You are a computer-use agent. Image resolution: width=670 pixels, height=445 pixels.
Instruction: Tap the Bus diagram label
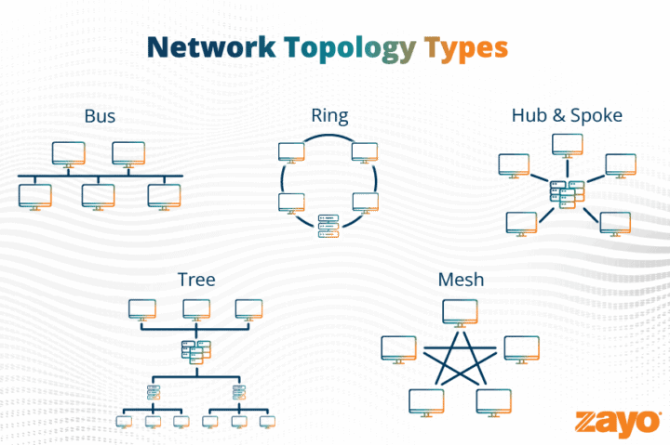(x=100, y=117)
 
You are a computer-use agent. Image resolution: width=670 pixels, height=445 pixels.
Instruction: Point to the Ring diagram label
(x=329, y=116)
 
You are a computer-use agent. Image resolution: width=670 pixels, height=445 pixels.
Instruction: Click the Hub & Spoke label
(x=567, y=116)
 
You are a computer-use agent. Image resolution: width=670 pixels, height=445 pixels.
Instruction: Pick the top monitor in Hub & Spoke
(x=567, y=145)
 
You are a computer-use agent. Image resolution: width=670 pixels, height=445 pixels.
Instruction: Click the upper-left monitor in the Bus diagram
(x=68, y=153)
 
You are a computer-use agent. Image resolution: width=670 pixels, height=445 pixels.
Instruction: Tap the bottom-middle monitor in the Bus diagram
(x=98, y=195)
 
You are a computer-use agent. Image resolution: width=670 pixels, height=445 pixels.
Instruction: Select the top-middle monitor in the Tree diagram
(x=195, y=308)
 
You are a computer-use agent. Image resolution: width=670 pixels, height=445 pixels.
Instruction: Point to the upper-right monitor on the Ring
(x=364, y=152)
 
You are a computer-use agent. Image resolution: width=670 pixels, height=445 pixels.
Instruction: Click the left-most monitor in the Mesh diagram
(x=397, y=348)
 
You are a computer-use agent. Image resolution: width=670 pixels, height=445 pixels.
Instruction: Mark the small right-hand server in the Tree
(x=239, y=391)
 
